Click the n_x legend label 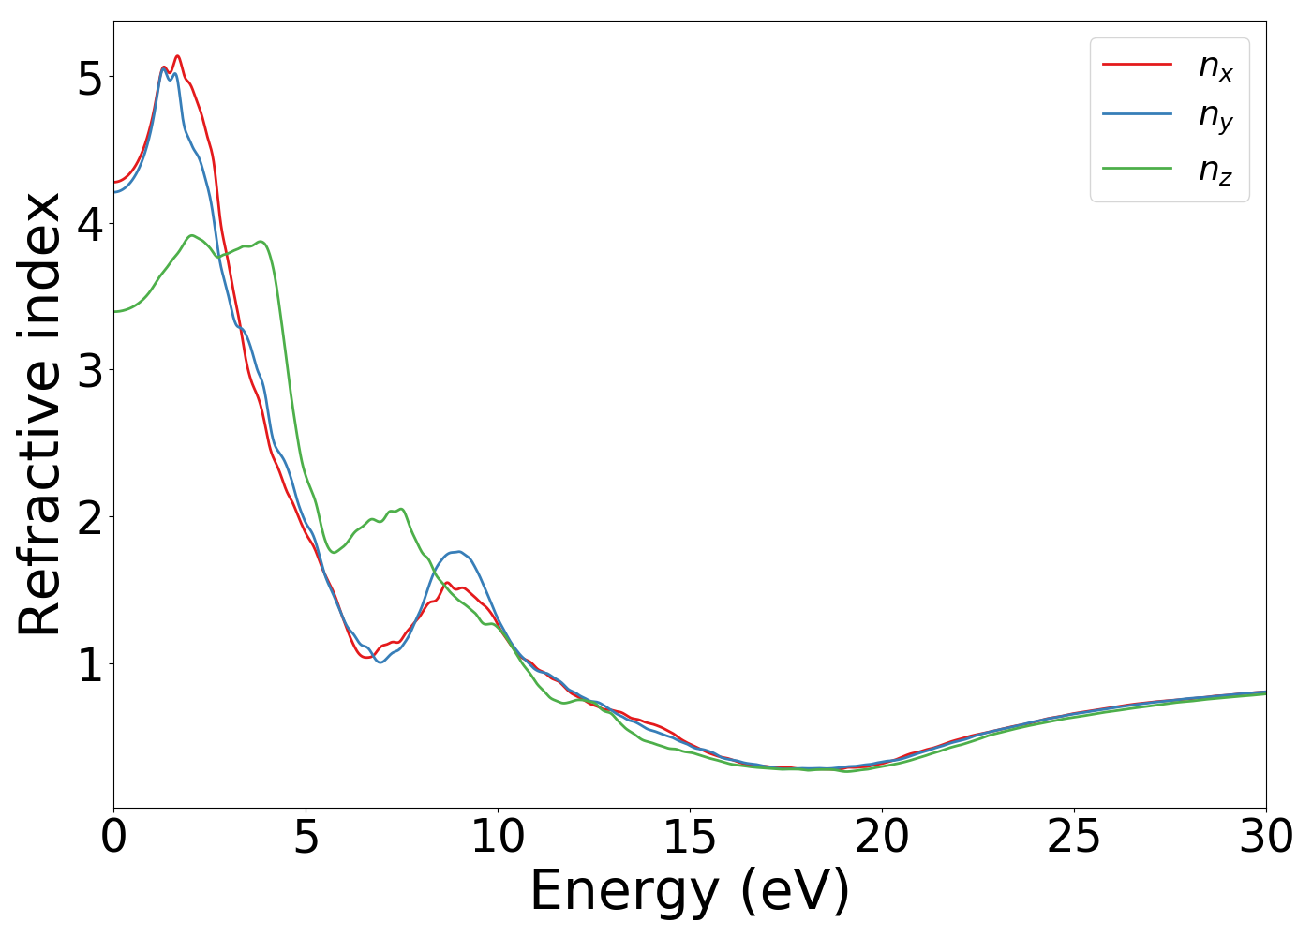[1215, 67]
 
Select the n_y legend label [1215, 117]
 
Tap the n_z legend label [1215, 170]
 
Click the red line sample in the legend [1137, 64]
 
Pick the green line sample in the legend [1137, 168]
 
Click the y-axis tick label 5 [89, 78]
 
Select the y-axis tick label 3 [89, 371]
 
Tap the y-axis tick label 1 [89, 665]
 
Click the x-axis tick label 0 [113, 837]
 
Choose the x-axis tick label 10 [498, 837]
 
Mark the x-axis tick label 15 [690, 837]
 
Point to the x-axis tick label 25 [1074, 837]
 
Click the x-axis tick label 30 [1266, 837]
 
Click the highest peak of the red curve [177, 56]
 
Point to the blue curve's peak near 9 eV [458, 551]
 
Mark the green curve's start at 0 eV [114, 311]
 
